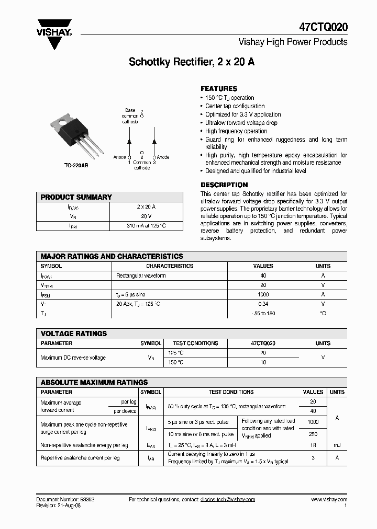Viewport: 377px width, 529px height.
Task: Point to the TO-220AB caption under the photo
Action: pyautogui.click(x=75, y=165)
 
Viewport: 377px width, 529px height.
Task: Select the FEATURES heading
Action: pyautogui.click(x=219, y=89)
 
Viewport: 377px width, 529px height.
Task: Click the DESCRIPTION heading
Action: pyautogui.click(x=224, y=185)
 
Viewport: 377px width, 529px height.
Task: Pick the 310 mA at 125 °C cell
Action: pyautogui.click(x=146, y=226)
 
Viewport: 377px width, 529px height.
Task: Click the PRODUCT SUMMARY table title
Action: pyautogui.click(x=76, y=197)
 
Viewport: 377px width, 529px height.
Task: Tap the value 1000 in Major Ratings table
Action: pyautogui.click(x=263, y=295)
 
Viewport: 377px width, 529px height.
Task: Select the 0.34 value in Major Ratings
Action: pyautogui.click(x=263, y=304)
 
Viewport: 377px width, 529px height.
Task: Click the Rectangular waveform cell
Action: pyautogui.click(x=141, y=275)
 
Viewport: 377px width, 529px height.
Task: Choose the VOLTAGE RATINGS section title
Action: pyautogui.click(x=74, y=333)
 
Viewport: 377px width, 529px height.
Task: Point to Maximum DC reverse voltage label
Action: pyautogui.click(x=73, y=358)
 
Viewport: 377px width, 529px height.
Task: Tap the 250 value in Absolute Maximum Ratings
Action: pyautogui.click(x=313, y=434)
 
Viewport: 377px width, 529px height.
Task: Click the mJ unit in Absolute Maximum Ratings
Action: pyautogui.click(x=337, y=445)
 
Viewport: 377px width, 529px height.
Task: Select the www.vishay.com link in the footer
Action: pyautogui.click(x=329, y=500)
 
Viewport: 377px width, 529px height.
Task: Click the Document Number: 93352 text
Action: pyautogui.click(x=65, y=500)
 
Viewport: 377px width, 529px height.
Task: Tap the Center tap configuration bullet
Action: pyautogui.click(x=235, y=106)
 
